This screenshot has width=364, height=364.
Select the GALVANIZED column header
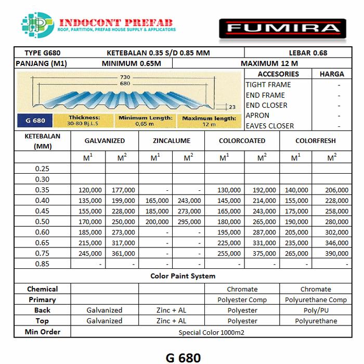click(105, 141)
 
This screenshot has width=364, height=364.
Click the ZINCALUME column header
click(172, 141)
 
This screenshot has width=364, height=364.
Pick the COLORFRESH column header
click(316, 141)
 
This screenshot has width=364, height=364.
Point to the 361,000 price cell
click(123, 253)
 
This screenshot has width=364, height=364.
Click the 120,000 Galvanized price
click(89, 190)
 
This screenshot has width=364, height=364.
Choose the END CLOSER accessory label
click(266, 105)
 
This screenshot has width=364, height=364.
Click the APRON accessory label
click(257, 115)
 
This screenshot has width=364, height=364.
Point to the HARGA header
click(332, 74)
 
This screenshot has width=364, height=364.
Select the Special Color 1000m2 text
click(211, 332)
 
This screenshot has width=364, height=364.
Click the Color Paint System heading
click(183, 276)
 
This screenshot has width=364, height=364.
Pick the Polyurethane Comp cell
click(316, 300)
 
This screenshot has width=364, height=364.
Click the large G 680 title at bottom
click(183, 357)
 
